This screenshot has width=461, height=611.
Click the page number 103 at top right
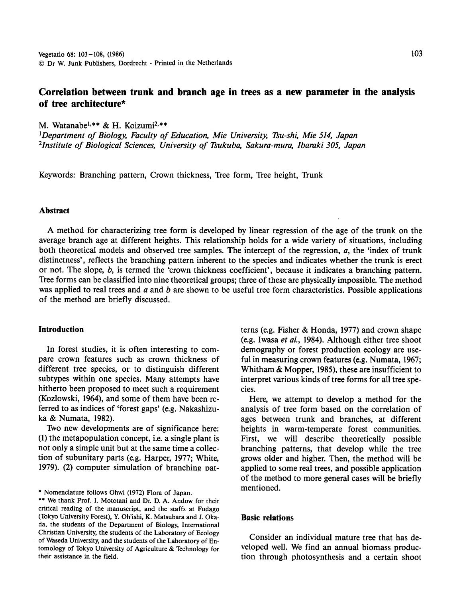point(416,53)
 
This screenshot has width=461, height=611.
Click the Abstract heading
point(54,211)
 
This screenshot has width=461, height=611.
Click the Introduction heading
point(61,329)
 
